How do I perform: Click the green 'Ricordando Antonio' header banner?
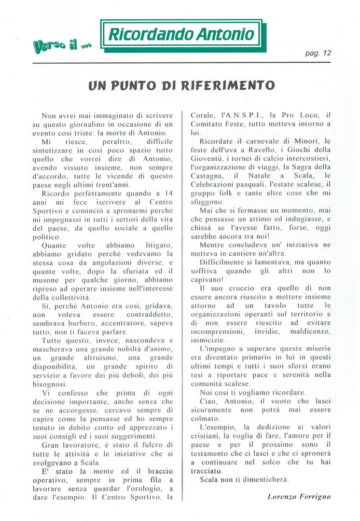coord(181,34)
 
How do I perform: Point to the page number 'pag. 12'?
coord(318,54)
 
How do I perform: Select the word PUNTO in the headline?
coord(136,86)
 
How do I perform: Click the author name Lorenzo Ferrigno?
coord(299,496)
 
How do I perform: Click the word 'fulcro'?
coord(144,444)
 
